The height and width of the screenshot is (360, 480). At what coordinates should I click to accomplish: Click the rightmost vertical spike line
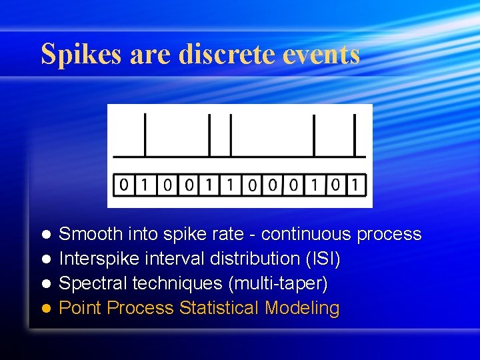(x=354, y=134)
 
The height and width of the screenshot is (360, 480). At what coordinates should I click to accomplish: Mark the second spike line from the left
(x=209, y=134)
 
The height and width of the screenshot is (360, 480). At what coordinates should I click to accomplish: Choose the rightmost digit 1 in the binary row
(x=357, y=185)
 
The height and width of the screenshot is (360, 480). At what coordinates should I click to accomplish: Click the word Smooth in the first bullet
(x=91, y=234)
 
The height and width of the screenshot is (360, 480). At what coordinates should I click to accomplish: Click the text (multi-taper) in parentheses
(x=278, y=283)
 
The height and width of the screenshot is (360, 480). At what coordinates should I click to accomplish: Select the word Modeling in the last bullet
(x=303, y=308)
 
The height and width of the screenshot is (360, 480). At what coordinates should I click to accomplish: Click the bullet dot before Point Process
(x=46, y=309)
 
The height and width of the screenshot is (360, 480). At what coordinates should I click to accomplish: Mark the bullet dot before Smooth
(x=46, y=235)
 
